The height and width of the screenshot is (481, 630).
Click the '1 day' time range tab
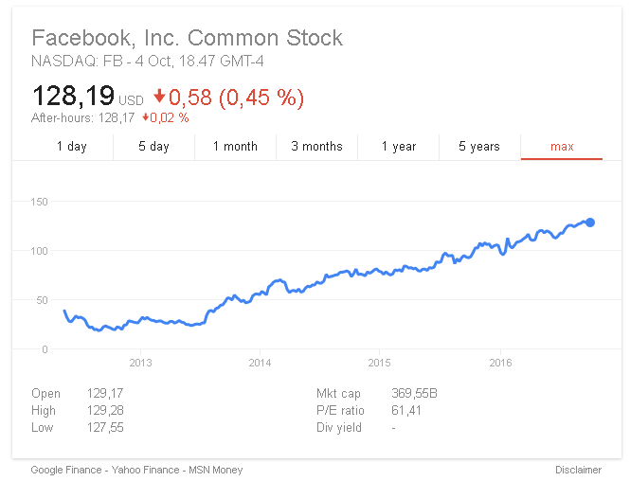pyautogui.click(x=72, y=147)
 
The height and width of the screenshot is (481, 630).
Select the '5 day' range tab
pyautogui.click(x=153, y=147)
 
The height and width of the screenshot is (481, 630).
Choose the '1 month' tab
pyautogui.click(x=235, y=147)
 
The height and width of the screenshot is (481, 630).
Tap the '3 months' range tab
pyautogui.click(x=316, y=147)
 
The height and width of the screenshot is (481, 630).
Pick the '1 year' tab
pyautogui.click(x=399, y=147)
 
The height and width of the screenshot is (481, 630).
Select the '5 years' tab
pyautogui.click(x=479, y=147)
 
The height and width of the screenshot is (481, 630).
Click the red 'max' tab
pyautogui.click(x=562, y=147)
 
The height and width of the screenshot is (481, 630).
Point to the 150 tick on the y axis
pyautogui.click(x=39, y=202)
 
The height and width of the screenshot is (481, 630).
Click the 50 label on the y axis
pyautogui.click(x=42, y=300)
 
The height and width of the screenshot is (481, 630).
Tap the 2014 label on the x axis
pyautogui.click(x=260, y=363)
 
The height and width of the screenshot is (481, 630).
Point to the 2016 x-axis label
pyautogui.click(x=500, y=363)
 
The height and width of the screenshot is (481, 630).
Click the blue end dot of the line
pyautogui.click(x=590, y=223)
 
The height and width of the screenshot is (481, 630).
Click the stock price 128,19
pyautogui.click(x=73, y=96)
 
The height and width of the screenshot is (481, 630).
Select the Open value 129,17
pyautogui.click(x=104, y=394)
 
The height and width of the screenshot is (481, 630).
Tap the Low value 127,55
pyautogui.click(x=104, y=428)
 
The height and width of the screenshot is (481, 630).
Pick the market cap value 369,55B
pyautogui.click(x=414, y=394)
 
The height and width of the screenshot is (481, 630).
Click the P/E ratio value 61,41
pyautogui.click(x=406, y=411)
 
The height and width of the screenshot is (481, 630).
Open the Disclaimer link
pyautogui.click(x=578, y=470)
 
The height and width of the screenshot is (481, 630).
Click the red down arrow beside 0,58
pyautogui.click(x=159, y=97)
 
